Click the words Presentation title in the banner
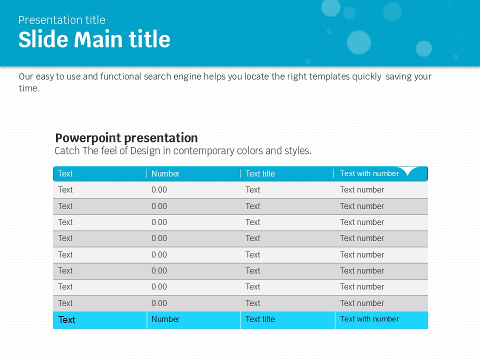point(62,20)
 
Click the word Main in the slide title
point(99,39)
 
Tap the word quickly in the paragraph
point(366,76)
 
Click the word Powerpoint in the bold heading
point(88,138)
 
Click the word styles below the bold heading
point(297,151)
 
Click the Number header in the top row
point(165,173)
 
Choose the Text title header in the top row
point(260,173)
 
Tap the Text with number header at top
point(369,173)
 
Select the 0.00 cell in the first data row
point(159,190)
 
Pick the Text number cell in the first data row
point(362,190)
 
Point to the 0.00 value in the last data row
point(159,303)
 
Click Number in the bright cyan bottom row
point(165,319)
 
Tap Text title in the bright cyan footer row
point(260,319)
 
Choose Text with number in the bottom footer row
point(369,319)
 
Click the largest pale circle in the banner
point(359,42)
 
